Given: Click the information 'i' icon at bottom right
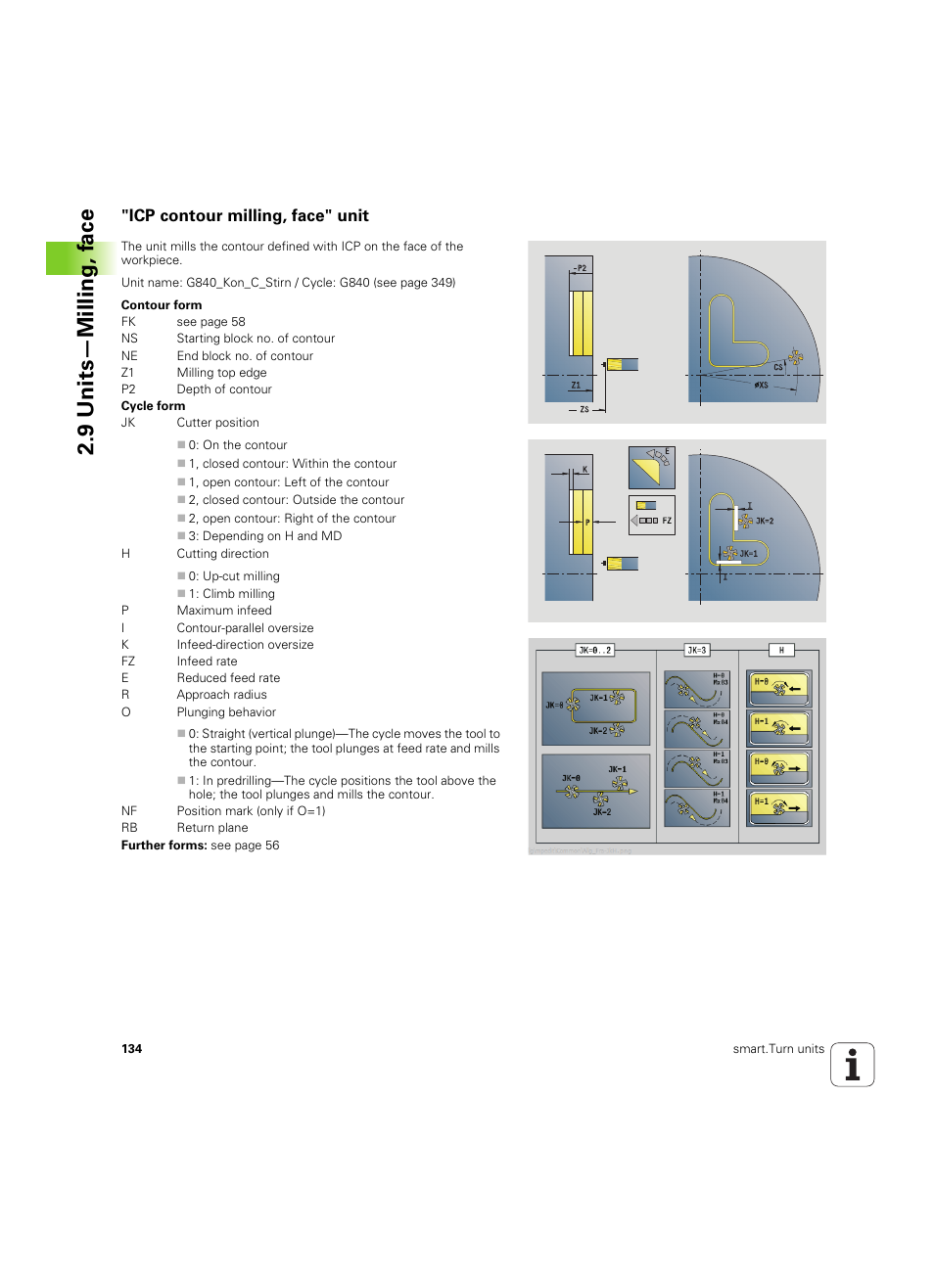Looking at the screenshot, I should click(x=852, y=1065).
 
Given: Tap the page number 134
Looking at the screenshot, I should click(x=131, y=1049).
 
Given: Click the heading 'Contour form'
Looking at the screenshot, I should click(x=162, y=305).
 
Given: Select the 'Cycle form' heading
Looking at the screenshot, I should click(x=153, y=406).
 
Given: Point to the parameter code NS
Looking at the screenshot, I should click(x=129, y=339).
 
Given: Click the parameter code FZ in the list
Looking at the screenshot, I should click(x=128, y=662).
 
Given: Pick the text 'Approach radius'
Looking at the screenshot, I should click(x=221, y=695).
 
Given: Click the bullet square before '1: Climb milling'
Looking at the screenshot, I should click(x=181, y=594).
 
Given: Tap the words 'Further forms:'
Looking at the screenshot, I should click(x=163, y=846).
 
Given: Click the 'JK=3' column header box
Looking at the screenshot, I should click(x=696, y=650).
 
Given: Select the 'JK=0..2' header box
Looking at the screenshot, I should click(x=594, y=650).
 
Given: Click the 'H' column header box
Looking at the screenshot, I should click(x=780, y=650).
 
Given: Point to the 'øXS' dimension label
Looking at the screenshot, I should click(x=761, y=386).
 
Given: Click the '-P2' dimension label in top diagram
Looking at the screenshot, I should click(x=581, y=267).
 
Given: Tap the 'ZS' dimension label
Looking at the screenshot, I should click(x=584, y=410).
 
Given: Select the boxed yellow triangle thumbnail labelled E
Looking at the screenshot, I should click(x=651, y=468).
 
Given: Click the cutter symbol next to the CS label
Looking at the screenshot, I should click(x=795, y=358).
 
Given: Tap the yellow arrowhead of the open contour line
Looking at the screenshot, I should click(x=633, y=791).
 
